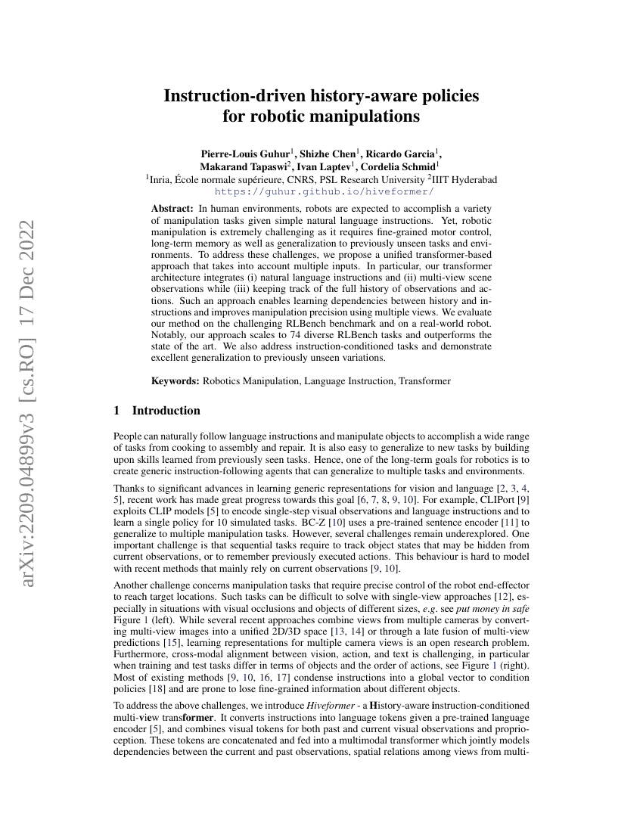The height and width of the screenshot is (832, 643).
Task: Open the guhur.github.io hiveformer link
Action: pyautogui.click(x=321, y=192)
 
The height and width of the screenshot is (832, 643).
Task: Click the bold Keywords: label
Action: pyautogui.click(x=176, y=381)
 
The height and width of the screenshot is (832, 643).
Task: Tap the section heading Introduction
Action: pyautogui.click(x=166, y=411)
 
